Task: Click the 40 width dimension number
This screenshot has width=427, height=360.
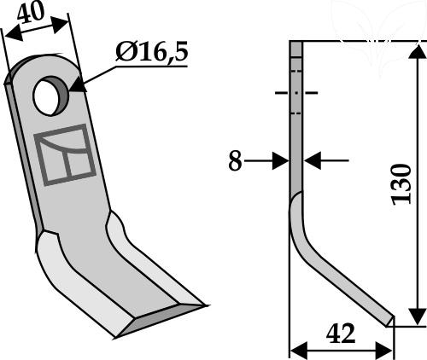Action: click(31, 12)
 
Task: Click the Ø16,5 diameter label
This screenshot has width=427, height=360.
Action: click(152, 52)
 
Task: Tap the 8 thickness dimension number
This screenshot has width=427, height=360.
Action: click(235, 161)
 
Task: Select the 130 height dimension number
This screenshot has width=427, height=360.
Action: click(401, 184)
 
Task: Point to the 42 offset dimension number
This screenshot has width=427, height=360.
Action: click(341, 334)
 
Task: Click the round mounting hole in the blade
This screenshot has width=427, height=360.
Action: click(50, 96)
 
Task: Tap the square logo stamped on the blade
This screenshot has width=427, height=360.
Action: click(65, 155)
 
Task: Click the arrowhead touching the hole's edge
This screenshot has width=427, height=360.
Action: click(78, 85)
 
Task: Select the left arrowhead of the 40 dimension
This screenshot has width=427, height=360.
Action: click(14, 34)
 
